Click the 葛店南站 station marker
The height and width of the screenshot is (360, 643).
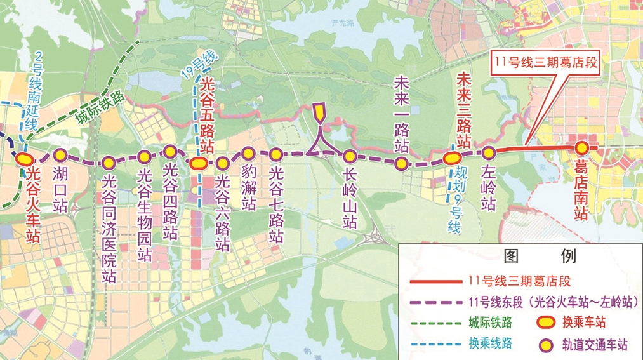click(x=581, y=148)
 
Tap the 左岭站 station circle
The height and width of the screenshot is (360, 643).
click(x=488, y=152)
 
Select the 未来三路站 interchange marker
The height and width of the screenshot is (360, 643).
click(x=452, y=159)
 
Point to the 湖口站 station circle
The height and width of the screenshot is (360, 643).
click(x=60, y=154)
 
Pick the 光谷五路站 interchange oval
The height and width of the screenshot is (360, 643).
click(x=197, y=163)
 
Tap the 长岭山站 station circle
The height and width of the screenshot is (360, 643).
click(x=349, y=155)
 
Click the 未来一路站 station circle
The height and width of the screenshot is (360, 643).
click(x=401, y=164)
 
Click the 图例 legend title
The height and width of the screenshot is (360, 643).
click(x=539, y=256)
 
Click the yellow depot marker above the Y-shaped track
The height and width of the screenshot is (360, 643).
click(x=319, y=113)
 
